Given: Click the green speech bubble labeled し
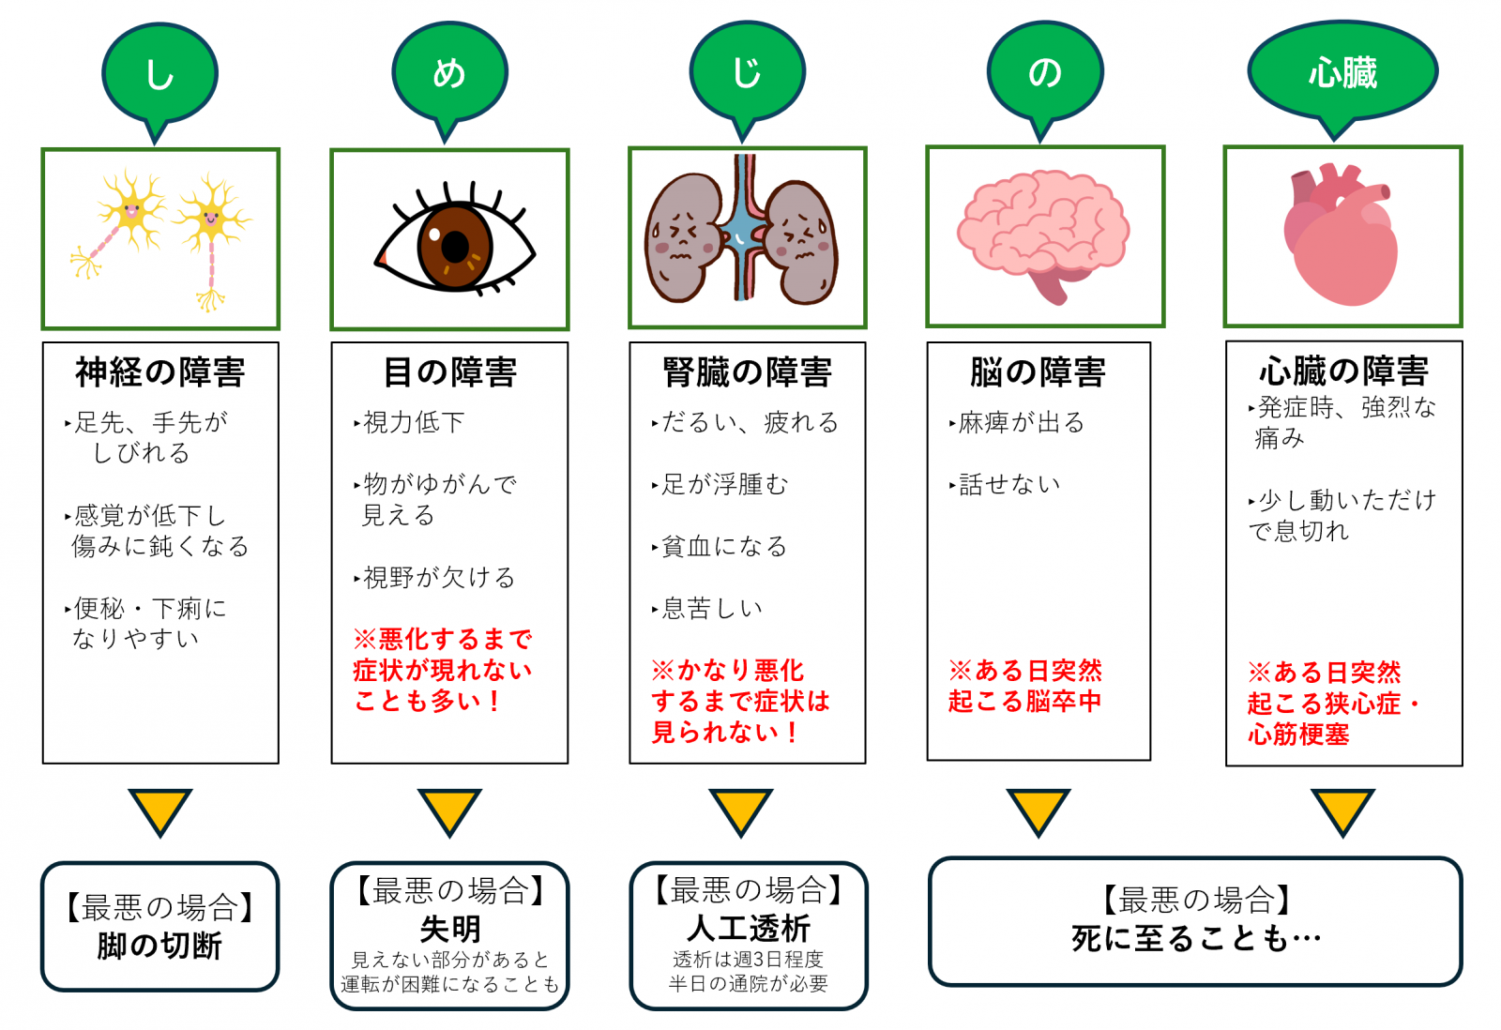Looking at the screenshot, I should click(159, 73).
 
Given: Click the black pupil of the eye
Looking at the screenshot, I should click(455, 247).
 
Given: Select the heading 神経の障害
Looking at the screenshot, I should click(160, 372).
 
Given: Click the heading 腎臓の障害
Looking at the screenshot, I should click(747, 372).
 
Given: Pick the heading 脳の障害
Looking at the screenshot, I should click(1038, 372).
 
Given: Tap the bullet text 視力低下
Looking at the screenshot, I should click(413, 423).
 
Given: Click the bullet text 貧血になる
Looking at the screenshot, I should click(723, 547).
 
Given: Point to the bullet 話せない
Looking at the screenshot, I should click(1008, 485).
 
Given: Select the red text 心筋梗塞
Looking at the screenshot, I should click(1298, 735).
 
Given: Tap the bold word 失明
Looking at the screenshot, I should click(450, 929).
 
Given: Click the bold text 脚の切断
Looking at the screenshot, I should click(159, 946).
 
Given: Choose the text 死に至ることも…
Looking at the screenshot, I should click(1196, 938).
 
